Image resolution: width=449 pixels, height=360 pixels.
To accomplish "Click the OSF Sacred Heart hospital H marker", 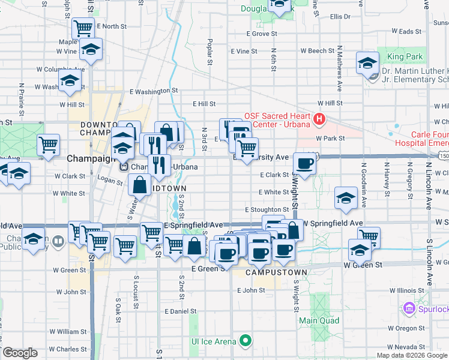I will click(319, 119).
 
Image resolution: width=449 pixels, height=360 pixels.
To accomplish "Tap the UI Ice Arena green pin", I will click(246, 341).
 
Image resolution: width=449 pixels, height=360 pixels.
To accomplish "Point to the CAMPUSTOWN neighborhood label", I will click(277, 272).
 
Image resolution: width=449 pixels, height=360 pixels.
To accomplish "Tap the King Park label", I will click(405, 57).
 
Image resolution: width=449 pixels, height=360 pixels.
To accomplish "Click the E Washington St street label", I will click(154, 91).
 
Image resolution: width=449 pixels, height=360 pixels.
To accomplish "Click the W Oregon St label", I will click(406, 328).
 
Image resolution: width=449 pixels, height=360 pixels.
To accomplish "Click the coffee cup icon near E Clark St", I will click(305, 163).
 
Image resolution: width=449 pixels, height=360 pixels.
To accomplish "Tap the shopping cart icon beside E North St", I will click(83, 28).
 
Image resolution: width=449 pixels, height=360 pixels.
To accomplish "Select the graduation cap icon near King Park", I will click(367, 62).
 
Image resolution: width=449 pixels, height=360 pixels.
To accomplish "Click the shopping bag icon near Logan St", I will click(139, 184).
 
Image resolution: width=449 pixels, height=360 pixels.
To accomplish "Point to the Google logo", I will click(20, 353).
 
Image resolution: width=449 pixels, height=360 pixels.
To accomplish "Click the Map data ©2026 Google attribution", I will click(412, 355).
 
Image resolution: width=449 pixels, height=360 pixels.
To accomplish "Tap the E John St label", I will click(251, 290).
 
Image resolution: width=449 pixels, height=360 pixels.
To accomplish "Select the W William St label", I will click(68, 331).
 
